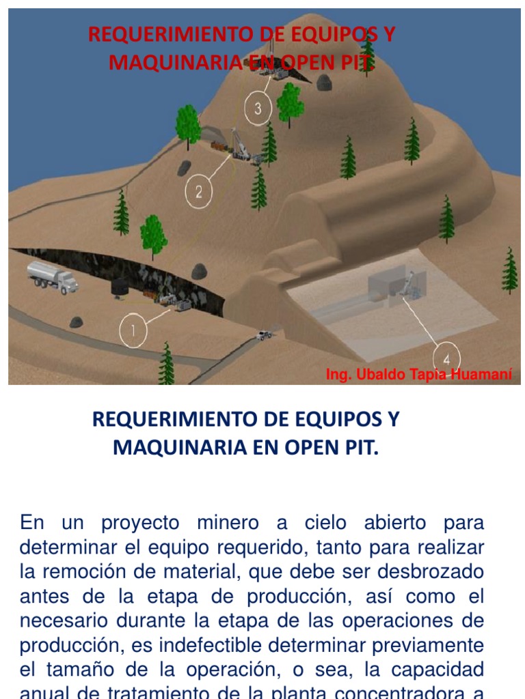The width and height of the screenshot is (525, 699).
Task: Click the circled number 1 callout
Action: coord(133,332)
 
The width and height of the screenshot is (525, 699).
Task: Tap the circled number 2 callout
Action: coord(199,192)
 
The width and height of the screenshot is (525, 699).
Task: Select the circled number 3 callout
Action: coord(258,110)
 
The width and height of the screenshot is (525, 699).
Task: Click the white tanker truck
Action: coord(52,276)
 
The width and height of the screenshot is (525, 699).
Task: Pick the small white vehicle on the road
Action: coord(264,334)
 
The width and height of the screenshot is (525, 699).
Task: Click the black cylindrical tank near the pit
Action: coord(121,287)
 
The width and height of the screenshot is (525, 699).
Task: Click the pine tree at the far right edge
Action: coord(509,270)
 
